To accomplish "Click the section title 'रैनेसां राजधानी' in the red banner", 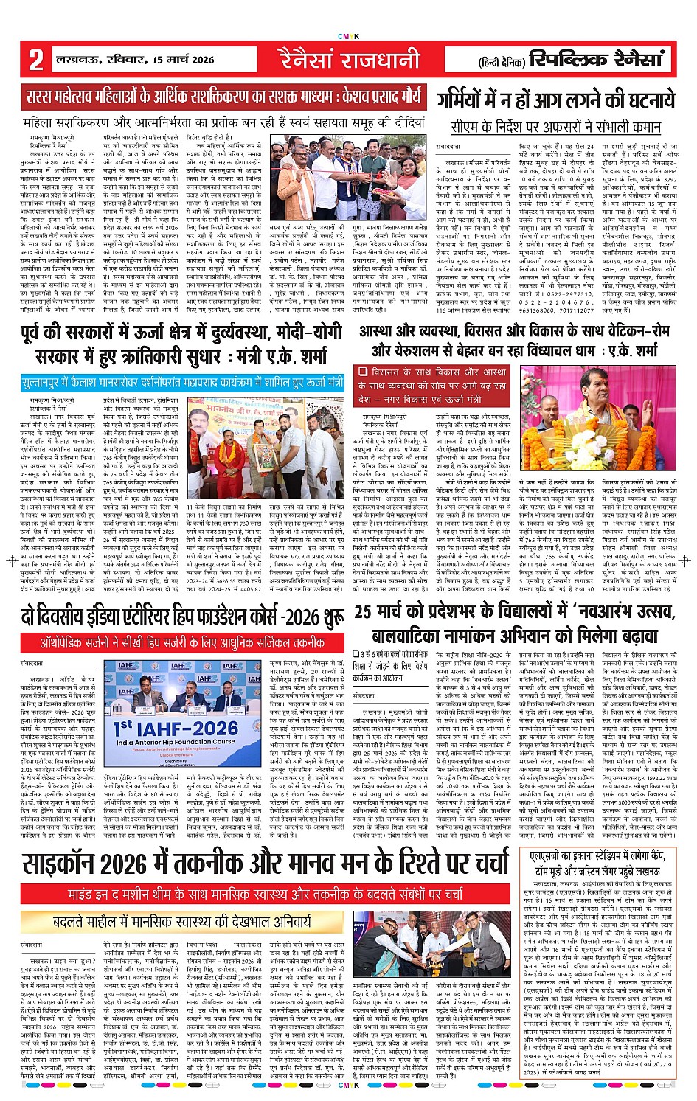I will click(x=349, y=59).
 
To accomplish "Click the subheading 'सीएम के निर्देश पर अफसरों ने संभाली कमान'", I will click(x=555, y=126).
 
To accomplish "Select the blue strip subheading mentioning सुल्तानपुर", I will click(x=182, y=383).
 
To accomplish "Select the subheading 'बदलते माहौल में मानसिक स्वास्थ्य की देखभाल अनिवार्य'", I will click(x=182, y=921).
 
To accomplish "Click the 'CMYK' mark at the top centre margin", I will click(x=348, y=35).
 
